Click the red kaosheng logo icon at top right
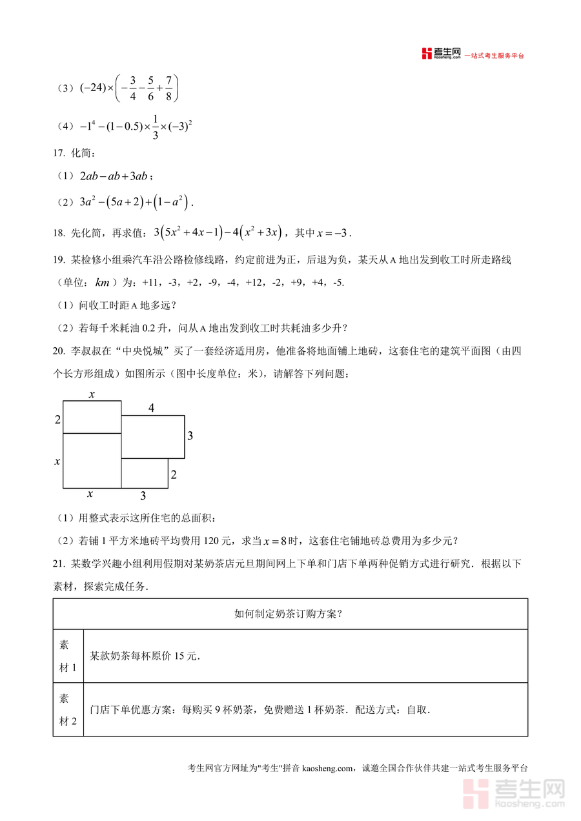click(x=427, y=54)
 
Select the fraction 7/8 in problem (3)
click(x=169, y=88)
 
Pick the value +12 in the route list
click(x=257, y=283)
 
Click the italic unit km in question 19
click(x=102, y=283)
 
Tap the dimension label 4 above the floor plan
click(x=151, y=408)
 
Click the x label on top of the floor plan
click(x=92, y=394)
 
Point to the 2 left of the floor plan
click(x=57, y=420)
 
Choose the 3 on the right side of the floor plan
click(x=190, y=436)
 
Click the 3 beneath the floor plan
click(x=143, y=496)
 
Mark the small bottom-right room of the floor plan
click(x=145, y=473)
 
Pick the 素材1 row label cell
click(x=68, y=656)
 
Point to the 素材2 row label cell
click(x=68, y=710)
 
